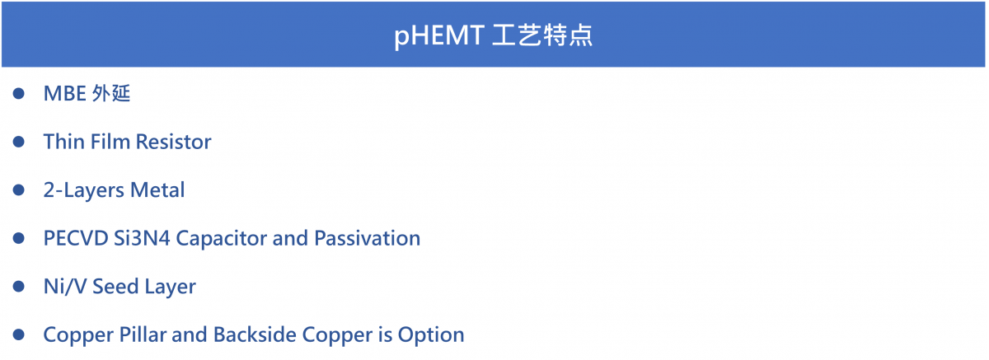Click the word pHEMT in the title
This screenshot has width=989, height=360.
(438, 35)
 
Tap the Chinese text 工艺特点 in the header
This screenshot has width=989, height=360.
(542, 35)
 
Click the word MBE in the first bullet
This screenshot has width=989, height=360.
(64, 94)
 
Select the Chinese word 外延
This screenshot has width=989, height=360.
(111, 94)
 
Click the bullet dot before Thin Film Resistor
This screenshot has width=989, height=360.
(18, 142)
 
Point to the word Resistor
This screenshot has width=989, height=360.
(174, 142)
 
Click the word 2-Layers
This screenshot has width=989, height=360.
(84, 190)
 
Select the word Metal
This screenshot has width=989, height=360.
(157, 190)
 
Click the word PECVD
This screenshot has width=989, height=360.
(76, 238)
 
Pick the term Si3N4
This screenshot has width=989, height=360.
(142, 238)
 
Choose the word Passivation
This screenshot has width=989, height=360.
(367, 238)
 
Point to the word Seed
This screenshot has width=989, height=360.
(115, 287)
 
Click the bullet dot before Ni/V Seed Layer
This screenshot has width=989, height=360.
(18, 287)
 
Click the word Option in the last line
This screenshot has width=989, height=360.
(431, 334)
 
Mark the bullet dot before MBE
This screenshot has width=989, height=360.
(18, 94)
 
